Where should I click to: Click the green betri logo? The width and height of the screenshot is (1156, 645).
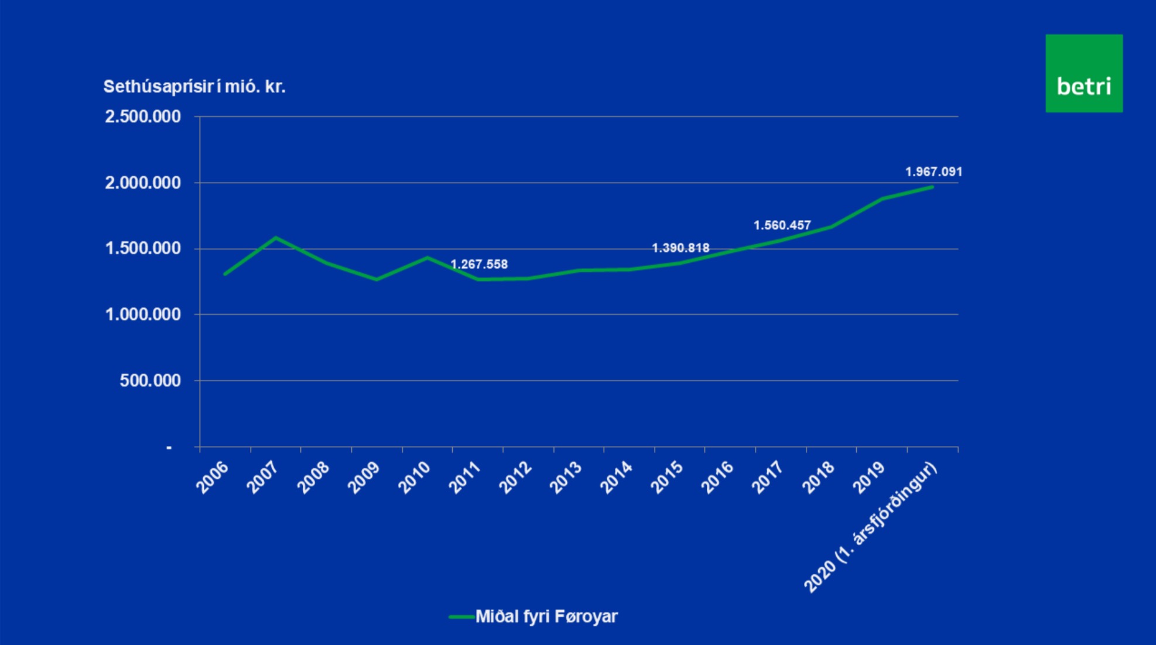[1083, 73]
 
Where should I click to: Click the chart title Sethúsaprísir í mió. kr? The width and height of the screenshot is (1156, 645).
[194, 87]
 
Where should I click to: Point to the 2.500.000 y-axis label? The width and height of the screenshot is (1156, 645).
[143, 116]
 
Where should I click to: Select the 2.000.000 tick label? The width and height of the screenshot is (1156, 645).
[143, 183]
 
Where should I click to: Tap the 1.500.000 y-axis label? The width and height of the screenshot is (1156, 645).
[143, 249]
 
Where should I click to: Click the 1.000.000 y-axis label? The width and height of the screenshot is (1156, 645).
[143, 314]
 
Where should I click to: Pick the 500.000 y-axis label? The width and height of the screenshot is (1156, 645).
[150, 380]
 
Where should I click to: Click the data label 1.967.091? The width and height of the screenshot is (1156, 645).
[933, 171]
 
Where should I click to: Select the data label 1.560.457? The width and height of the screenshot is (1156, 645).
[782, 225]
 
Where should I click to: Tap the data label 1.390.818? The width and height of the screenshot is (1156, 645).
[680, 248]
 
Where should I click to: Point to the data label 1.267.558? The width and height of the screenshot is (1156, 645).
[478, 265]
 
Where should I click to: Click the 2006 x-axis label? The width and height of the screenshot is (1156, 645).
[212, 477]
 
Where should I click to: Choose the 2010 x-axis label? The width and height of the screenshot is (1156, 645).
[414, 477]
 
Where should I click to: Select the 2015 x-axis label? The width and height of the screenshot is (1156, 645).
[667, 477]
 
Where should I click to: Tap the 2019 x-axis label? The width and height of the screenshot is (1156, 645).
[868, 477]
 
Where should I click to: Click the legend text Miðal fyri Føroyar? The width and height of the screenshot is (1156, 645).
[546, 616]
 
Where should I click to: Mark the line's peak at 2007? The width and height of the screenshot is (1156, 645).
[276, 238]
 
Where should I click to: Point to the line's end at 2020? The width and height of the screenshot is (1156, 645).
[932, 187]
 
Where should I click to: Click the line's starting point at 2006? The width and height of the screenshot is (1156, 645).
[225, 274]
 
